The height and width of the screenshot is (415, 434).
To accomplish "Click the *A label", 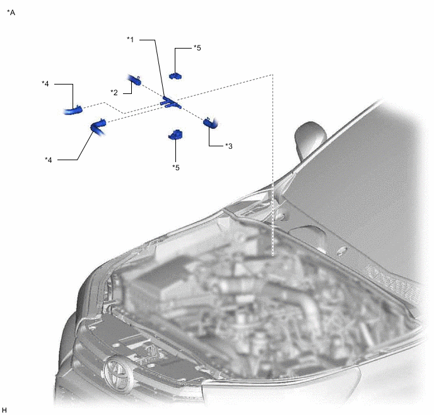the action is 11,13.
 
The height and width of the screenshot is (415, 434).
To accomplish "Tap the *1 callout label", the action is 131,40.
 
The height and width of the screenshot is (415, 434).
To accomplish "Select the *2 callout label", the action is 114,93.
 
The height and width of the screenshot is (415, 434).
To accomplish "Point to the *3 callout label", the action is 228,146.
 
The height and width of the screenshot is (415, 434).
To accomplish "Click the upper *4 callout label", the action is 45,83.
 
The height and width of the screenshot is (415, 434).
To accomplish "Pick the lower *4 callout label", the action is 49,160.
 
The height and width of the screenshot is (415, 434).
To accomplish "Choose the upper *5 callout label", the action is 197,48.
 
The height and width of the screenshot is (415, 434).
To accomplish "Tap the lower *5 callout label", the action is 176,167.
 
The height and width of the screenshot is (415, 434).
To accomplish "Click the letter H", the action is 4,410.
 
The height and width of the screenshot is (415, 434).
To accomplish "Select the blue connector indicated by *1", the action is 170,102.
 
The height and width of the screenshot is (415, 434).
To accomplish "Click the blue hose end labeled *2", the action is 134,79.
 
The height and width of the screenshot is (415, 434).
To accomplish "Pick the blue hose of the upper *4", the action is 73,110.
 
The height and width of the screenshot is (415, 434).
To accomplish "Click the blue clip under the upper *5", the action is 175,76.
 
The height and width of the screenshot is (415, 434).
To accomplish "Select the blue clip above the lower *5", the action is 175,135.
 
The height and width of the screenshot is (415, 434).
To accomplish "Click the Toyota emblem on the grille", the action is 118,371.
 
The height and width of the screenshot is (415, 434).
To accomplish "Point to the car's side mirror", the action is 310,138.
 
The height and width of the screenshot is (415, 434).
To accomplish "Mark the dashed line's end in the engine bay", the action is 273,255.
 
